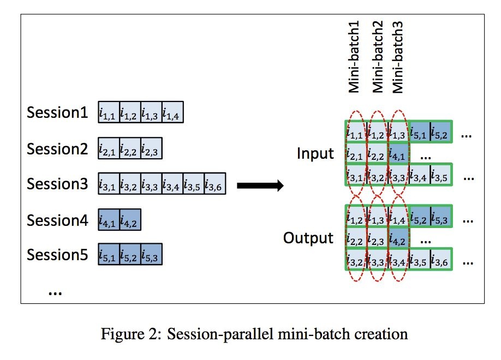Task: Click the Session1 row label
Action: click(57, 114)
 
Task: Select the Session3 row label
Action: click(57, 184)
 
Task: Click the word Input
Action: click(315, 154)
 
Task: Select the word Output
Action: click(308, 238)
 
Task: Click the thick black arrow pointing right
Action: click(260, 186)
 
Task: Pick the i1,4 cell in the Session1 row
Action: click(173, 114)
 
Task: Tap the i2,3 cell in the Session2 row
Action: click(151, 148)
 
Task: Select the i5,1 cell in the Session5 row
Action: click(109, 254)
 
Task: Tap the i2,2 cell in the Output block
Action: click(356, 240)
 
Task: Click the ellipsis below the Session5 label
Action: click(55, 292)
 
